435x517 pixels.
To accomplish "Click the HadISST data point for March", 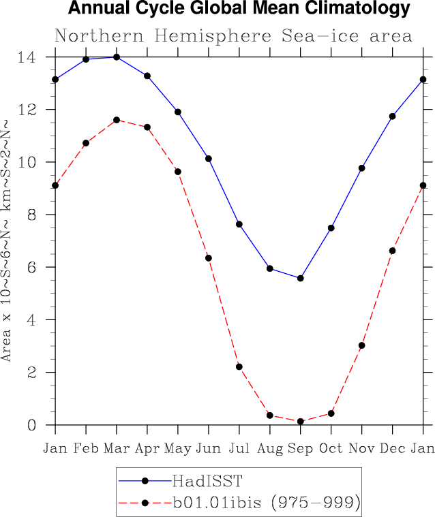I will pos(117,57).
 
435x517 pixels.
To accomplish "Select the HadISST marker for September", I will pos(301,278).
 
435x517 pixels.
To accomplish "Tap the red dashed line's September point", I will pos(301,422).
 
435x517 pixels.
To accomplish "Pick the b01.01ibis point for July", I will pos(239,367).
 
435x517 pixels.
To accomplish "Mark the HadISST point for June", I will pos(209,159).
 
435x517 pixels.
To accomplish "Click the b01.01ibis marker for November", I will pos(362,345).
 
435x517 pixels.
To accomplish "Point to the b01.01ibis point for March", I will pos(117,120).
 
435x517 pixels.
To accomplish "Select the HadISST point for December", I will pos(393,116).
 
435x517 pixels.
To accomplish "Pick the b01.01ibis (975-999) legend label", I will pos(266,503).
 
